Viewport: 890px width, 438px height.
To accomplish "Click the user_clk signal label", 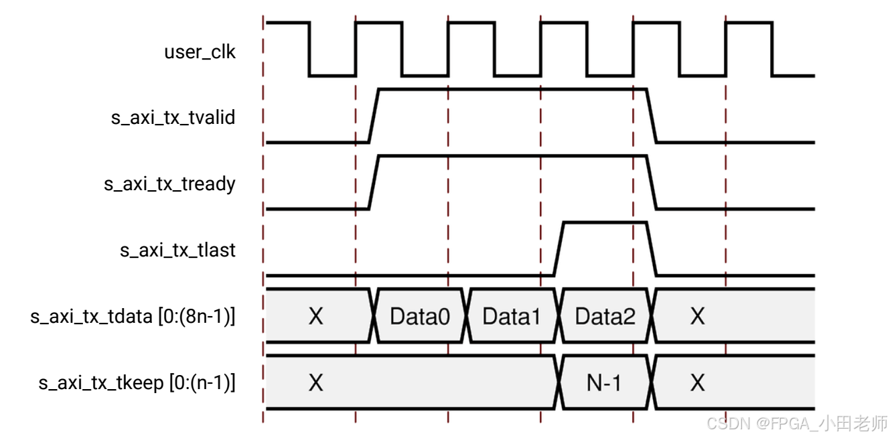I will tap(200, 52).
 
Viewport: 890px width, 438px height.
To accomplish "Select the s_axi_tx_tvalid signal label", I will tap(173, 118).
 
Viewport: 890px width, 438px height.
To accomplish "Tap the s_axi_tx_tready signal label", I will tap(169, 184).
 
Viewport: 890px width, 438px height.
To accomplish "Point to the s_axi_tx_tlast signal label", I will tap(177, 250).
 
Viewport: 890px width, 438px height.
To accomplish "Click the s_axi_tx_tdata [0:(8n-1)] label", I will tap(133, 316).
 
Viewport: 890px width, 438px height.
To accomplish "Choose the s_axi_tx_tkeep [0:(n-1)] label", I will tap(137, 383).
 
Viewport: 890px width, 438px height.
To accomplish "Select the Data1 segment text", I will tap(512, 316).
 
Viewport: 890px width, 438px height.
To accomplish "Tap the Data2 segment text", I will tap(605, 316).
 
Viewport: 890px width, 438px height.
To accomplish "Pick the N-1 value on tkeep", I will tap(604, 383).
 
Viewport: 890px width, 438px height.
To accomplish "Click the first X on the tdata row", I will tap(315, 316).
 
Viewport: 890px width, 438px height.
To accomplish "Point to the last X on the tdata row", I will tap(698, 316).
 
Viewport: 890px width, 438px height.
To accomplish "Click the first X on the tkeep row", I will tap(315, 383).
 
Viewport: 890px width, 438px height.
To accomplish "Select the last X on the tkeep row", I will tap(698, 383).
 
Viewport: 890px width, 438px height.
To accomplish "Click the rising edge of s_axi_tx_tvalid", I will tap(374, 115).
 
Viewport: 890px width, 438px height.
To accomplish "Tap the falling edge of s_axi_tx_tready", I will tap(652, 182).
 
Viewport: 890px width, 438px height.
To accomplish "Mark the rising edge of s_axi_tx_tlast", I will tap(559, 248).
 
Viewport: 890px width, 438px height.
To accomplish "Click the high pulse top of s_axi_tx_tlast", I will tap(605, 222).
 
